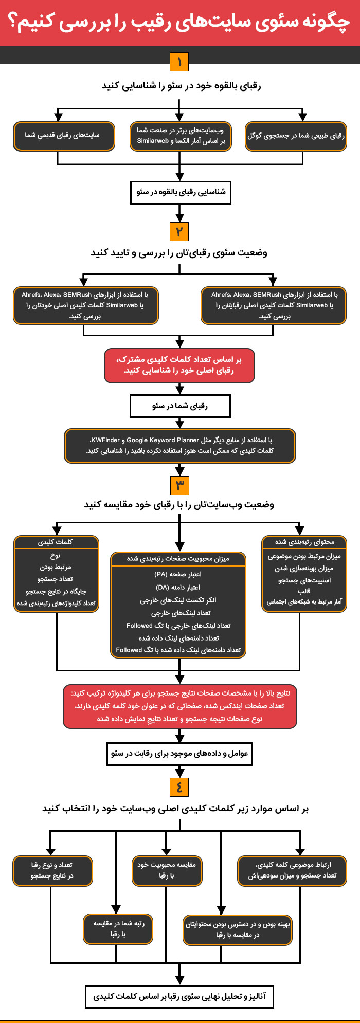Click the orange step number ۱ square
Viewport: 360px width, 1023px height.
coord(179,62)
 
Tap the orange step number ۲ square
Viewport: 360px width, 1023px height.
coord(179,231)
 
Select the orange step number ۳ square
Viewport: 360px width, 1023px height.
coord(179,485)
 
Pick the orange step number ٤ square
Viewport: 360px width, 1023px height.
coord(179,787)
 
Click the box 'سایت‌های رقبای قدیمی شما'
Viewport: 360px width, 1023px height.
coord(64,136)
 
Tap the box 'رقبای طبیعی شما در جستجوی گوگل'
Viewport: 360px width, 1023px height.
coord(296,136)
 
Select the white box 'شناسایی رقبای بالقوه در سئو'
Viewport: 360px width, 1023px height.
coord(180,192)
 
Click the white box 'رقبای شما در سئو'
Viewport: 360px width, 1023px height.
coord(180,406)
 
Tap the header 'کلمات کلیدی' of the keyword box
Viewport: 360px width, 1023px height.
coord(56,542)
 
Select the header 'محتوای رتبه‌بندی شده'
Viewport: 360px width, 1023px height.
coord(304,542)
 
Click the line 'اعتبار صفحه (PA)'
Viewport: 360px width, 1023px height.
coord(178,574)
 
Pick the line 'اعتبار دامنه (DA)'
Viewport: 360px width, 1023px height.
coord(178,587)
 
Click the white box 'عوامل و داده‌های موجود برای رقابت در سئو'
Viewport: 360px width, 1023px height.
coord(179,754)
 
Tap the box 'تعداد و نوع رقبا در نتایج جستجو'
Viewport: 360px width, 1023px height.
coord(52,870)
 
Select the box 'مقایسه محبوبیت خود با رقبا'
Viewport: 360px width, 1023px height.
coord(167,870)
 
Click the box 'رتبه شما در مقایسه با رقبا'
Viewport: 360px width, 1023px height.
coord(118,929)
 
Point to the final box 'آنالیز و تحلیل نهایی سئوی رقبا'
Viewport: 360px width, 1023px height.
coord(179,996)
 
